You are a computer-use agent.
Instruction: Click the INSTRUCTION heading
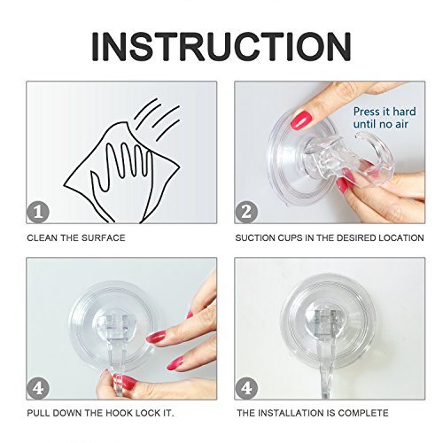(x=221, y=47)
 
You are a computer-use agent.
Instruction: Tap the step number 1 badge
(x=38, y=212)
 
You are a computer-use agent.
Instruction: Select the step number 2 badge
(x=246, y=212)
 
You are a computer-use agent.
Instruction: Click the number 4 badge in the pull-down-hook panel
(x=38, y=388)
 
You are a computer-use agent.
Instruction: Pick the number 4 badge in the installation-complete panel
(x=246, y=388)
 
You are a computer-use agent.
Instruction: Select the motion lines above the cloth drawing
(x=157, y=119)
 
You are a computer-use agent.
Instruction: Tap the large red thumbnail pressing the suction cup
(x=303, y=119)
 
